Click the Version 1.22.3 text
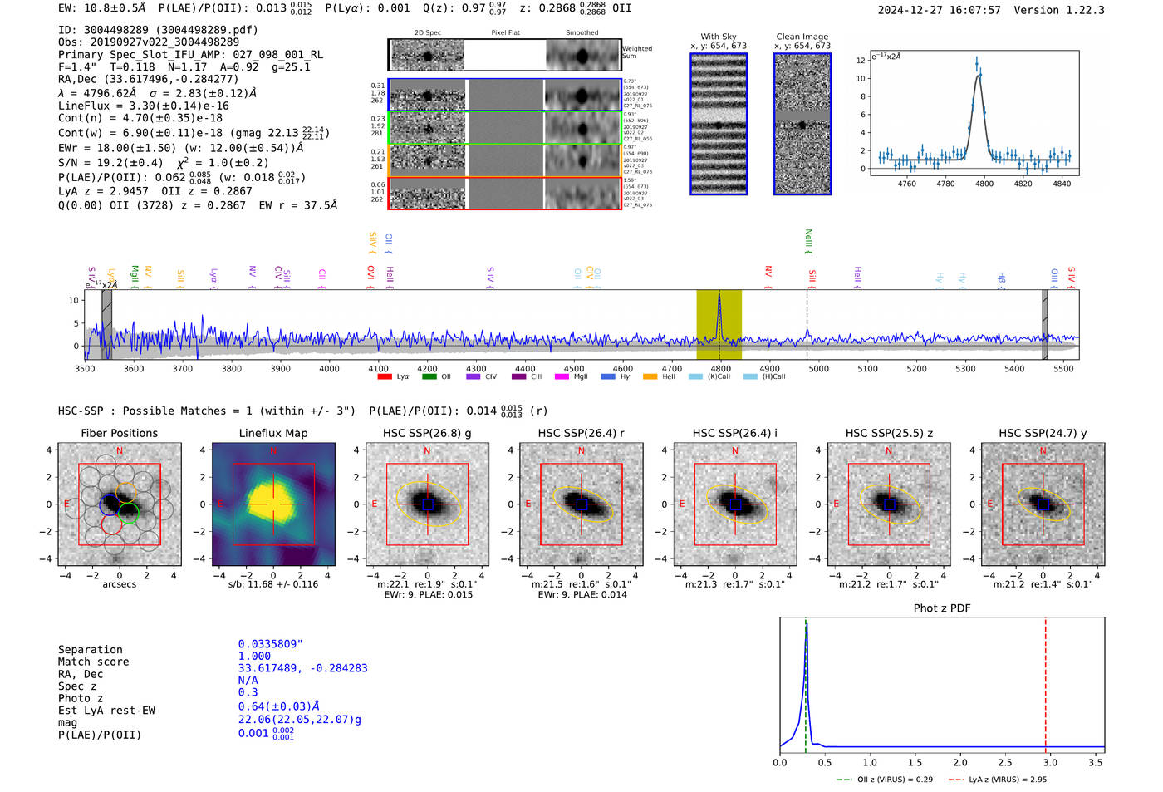1059,10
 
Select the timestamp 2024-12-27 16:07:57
939,10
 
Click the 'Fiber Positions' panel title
119,433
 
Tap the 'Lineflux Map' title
273,433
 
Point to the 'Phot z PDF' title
942,608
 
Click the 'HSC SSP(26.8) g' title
427,433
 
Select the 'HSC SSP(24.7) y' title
1043,433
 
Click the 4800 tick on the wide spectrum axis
720,368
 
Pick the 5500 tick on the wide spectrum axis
1063,368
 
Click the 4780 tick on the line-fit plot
945,184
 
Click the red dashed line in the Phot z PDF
1045,681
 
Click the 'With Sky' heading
718,37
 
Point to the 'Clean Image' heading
802,37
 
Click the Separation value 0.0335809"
271,644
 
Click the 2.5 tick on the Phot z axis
1005,762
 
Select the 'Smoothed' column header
581,33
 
